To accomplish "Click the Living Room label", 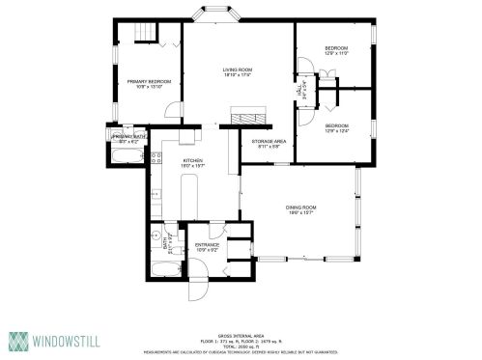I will (x=237, y=70).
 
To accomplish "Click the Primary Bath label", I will (x=129, y=139).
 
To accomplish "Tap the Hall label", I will (x=298, y=89).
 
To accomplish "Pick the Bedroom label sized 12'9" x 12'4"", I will (x=336, y=126).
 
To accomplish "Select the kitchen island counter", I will (x=190, y=198).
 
